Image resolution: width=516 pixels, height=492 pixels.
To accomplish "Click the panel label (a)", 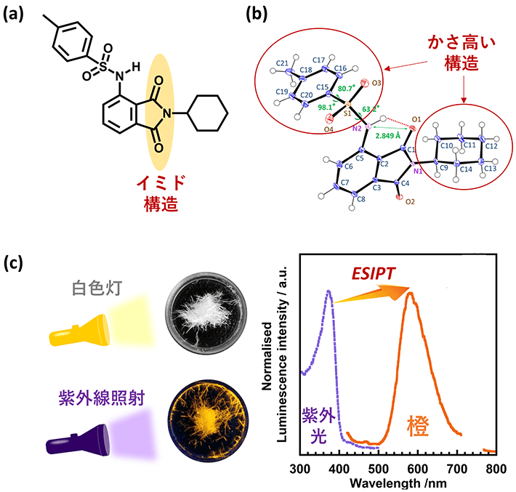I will (16, 15).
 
